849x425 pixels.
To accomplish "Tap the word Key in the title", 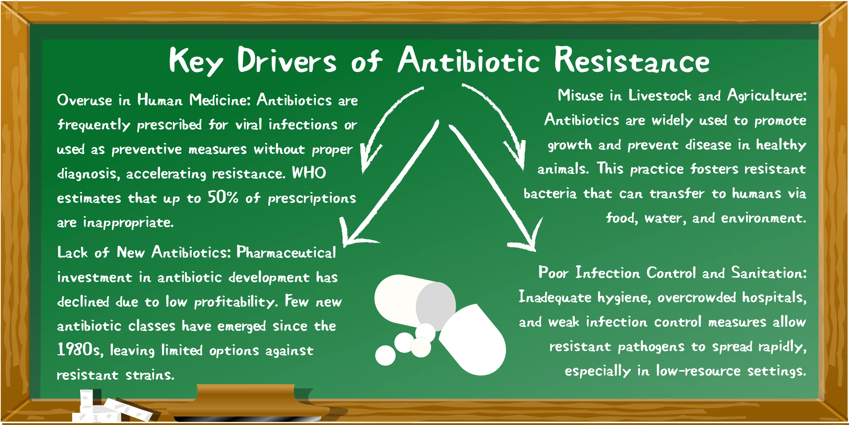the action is [196, 62].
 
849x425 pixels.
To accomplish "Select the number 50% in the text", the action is [223, 197].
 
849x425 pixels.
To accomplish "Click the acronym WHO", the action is [309, 173].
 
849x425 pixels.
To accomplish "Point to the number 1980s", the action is [80, 350].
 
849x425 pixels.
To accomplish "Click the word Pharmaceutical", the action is [286, 252].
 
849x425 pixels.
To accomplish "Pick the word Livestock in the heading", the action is [660, 95].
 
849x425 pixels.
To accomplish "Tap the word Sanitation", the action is [769, 273].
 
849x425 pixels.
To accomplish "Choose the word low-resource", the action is [698, 371].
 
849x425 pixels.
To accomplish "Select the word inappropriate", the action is [128, 223].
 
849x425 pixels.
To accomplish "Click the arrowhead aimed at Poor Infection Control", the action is [528, 238].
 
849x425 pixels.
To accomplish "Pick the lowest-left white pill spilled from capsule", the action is [385, 355].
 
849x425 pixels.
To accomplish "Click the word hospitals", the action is [774, 297].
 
